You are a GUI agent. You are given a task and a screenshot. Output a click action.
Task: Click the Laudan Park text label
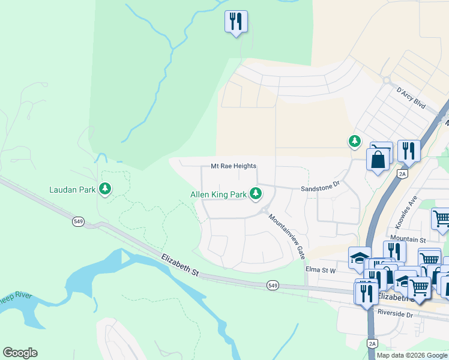pyautogui.click(x=73, y=190)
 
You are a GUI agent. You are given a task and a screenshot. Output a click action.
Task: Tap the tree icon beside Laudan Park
pyautogui.click(x=106, y=189)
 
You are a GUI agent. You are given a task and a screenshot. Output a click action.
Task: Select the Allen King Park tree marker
pyautogui.click(x=256, y=193)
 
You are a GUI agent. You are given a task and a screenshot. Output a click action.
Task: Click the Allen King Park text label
pyautogui.click(x=218, y=194)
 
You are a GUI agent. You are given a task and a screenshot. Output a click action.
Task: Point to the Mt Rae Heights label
pyautogui.click(x=234, y=166)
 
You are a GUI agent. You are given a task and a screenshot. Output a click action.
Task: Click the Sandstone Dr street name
pyautogui.click(x=320, y=187)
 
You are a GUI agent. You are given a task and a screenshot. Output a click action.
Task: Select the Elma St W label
pyautogui.click(x=321, y=270)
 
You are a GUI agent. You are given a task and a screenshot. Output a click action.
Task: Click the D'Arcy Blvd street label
pyautogui.click(x=411, y=97)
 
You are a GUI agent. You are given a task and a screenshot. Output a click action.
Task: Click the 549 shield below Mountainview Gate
pyautogui.click(x=273, y=284)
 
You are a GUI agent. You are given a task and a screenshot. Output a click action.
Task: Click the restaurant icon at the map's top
pyautogui.click(x=236, y=22)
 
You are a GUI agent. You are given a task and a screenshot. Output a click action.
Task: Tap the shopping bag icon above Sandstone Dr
pyautogui.click(x=379, y=160)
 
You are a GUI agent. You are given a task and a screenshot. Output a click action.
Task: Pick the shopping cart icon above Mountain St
pyautogui.click(x=441, y=218)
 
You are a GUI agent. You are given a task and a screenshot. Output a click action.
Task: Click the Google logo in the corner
pyautogui.click(x=20, y=353)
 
